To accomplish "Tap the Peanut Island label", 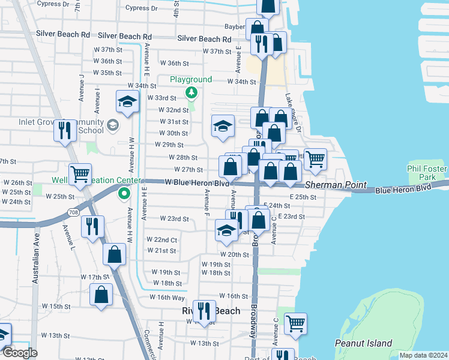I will click(363, 344).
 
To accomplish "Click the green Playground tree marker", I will click(191, 92).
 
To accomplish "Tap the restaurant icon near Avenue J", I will click(64, 130).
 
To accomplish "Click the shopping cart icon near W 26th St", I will click(80, 174).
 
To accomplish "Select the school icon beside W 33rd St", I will click(127, 102).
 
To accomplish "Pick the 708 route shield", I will click(73, 212).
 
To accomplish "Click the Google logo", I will click(19, 353).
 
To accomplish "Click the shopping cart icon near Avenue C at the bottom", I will click(295, 323).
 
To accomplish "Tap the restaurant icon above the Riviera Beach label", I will click(204, 310).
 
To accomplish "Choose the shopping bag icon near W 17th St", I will click(101, 295).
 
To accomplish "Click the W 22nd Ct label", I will click(162, 240).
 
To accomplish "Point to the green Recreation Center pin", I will click(124, 193).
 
